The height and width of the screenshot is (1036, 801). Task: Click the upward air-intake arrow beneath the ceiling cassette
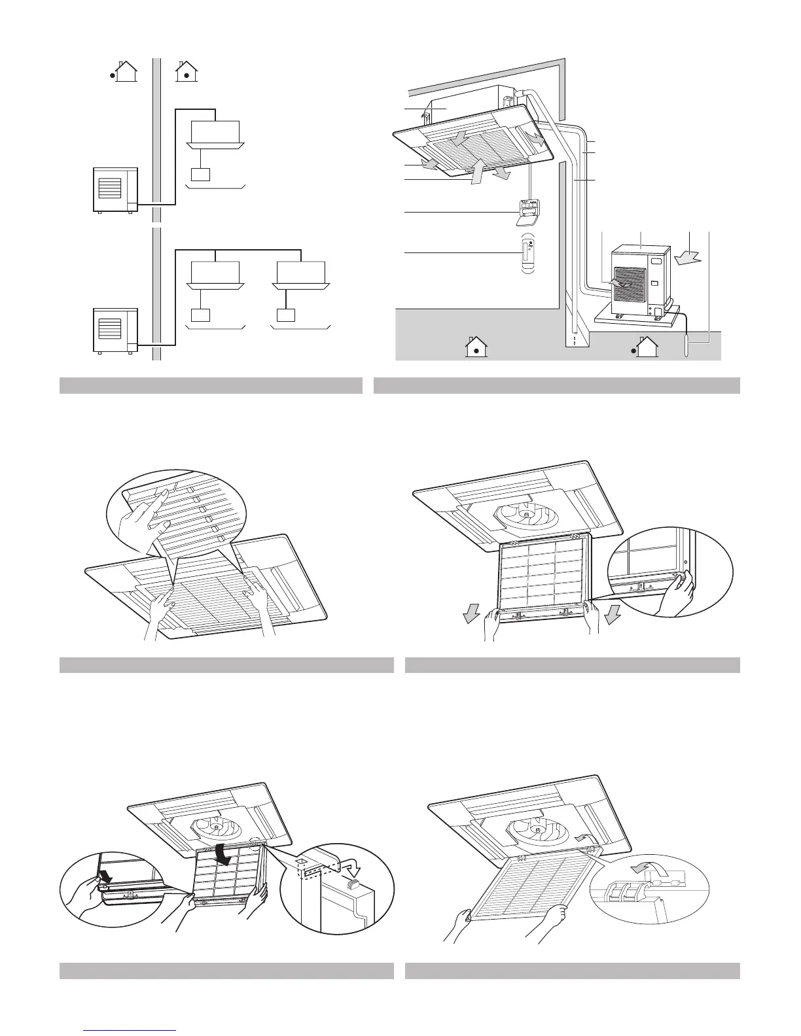click(x=477, y=171)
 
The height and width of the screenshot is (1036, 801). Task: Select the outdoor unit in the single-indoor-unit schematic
click(x=115, y=190)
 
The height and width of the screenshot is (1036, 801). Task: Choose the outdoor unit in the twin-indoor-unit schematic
click(x=115, y=330)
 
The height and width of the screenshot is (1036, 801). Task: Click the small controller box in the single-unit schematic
click(x=201, y=175)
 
